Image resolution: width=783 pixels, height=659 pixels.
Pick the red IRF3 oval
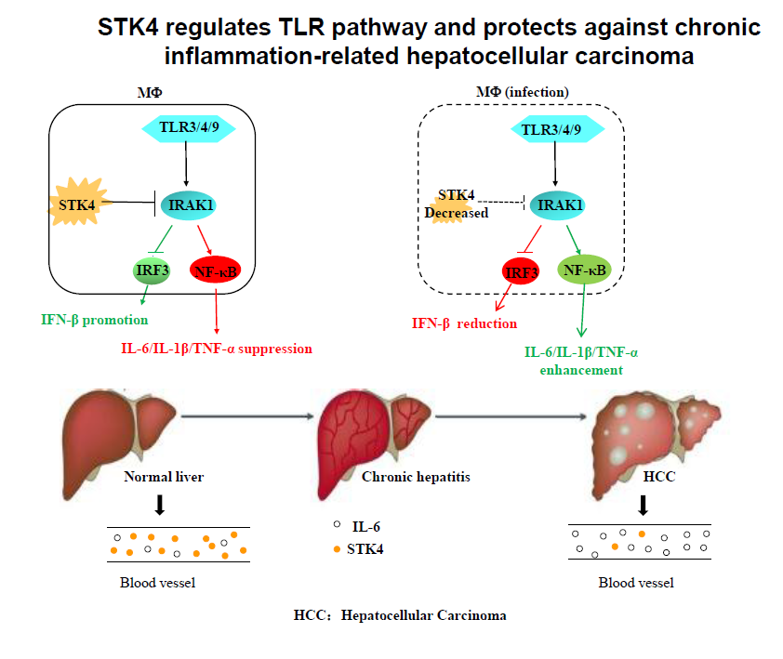click(x=521, y=271)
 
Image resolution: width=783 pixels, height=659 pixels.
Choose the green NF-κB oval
click(x=583, y=270)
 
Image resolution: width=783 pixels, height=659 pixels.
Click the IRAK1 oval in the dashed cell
click(x=560, y=204)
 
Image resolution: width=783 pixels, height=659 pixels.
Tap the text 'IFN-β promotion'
click(x=95, y=320)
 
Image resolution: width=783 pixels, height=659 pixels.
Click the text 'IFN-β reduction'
click(x=464, y=323)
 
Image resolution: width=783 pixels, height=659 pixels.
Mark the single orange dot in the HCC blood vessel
click(x=642, y=534)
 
